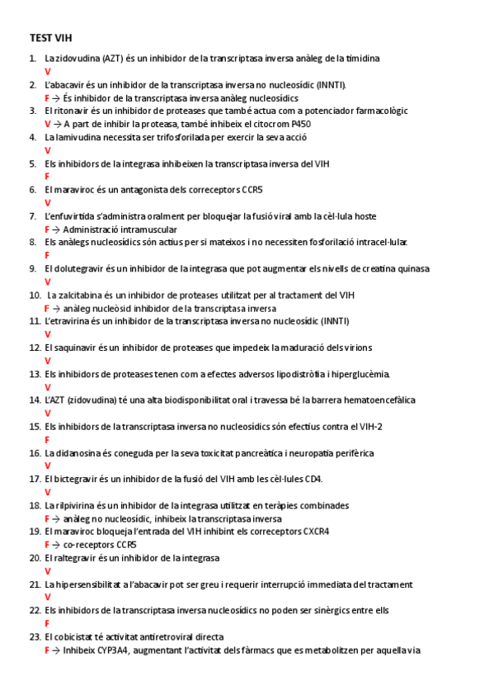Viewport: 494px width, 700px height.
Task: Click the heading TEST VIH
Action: pos(51,38)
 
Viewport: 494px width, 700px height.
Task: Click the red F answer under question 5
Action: pos(47,177)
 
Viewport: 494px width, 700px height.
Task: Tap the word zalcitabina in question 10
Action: pos(83,295)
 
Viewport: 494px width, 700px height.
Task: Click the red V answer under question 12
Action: pos(47,361)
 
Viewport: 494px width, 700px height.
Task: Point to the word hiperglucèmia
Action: pos(357,374)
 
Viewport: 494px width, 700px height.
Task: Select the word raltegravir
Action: pos(76,558)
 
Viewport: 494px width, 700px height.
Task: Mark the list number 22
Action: pos(34,611)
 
